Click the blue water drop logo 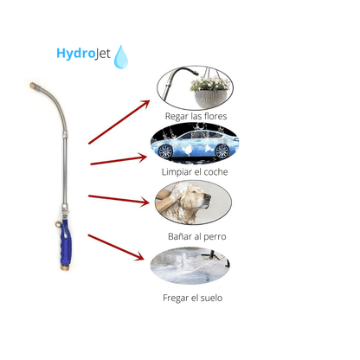click(x=120, y=57)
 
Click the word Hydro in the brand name click(x=75, y=54)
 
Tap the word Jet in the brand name click(x=103, y=54)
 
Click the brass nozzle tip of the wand click(x=33, y=86)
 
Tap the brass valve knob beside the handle click(x=58, y=224)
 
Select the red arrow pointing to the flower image click(x=119, y=122)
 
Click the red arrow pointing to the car click(x=119, y=160)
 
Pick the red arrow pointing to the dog click(x=119, y=199)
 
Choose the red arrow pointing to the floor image click(x=116, y=247)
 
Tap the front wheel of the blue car click(x=222, y=151)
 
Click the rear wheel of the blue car click(x=165, y=151)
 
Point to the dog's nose click(x=208, y=197)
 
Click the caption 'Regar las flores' click(x=196, y=117)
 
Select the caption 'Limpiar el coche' click(x=195, y=172)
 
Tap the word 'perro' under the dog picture click(x=215, y=237)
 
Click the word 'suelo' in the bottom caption click(x=211, y=298)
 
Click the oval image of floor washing click(x=190, y=266)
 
